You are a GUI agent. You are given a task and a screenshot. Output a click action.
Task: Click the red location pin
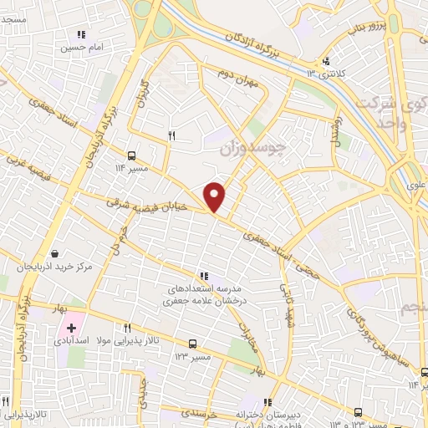(x=215, y=196)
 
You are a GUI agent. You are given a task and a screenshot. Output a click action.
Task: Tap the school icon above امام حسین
(x=81, y=35)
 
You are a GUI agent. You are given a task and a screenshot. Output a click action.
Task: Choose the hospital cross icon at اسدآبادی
(x=72, y=328)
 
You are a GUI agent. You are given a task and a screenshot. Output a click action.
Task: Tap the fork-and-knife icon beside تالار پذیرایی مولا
(x=127, y=328)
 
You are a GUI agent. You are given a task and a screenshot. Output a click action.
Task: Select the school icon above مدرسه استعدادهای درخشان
(x=203, y=276)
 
